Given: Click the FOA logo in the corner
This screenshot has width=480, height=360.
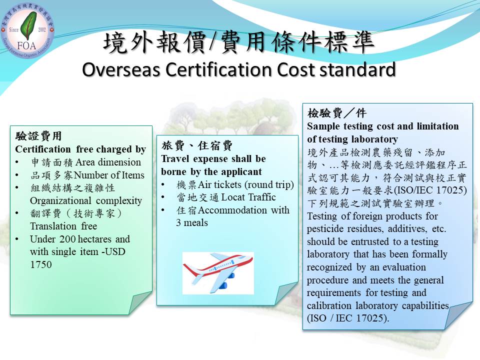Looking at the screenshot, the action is point(27,31).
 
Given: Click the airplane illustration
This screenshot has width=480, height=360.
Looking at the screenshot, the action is point(218,273).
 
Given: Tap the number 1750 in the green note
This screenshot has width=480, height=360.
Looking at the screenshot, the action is point(40,264).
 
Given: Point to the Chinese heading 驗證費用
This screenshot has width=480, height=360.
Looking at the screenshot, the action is point(38,135).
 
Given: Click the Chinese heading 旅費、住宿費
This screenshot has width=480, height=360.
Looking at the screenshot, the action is point(197,145).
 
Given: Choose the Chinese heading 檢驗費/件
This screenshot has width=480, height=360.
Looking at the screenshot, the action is point(336,113).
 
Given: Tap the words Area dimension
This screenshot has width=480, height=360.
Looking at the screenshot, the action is point(108,162).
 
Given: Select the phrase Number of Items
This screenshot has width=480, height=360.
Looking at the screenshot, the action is point(109,175).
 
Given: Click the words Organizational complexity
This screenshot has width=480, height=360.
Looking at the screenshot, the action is point(86,201).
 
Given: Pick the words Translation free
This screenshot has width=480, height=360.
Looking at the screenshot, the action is point(63,226).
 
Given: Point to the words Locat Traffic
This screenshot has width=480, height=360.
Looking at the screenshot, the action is point(248,197).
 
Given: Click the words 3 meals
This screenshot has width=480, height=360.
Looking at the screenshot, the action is point(192,223).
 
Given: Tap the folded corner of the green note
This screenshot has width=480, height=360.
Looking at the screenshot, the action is point(141,303).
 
